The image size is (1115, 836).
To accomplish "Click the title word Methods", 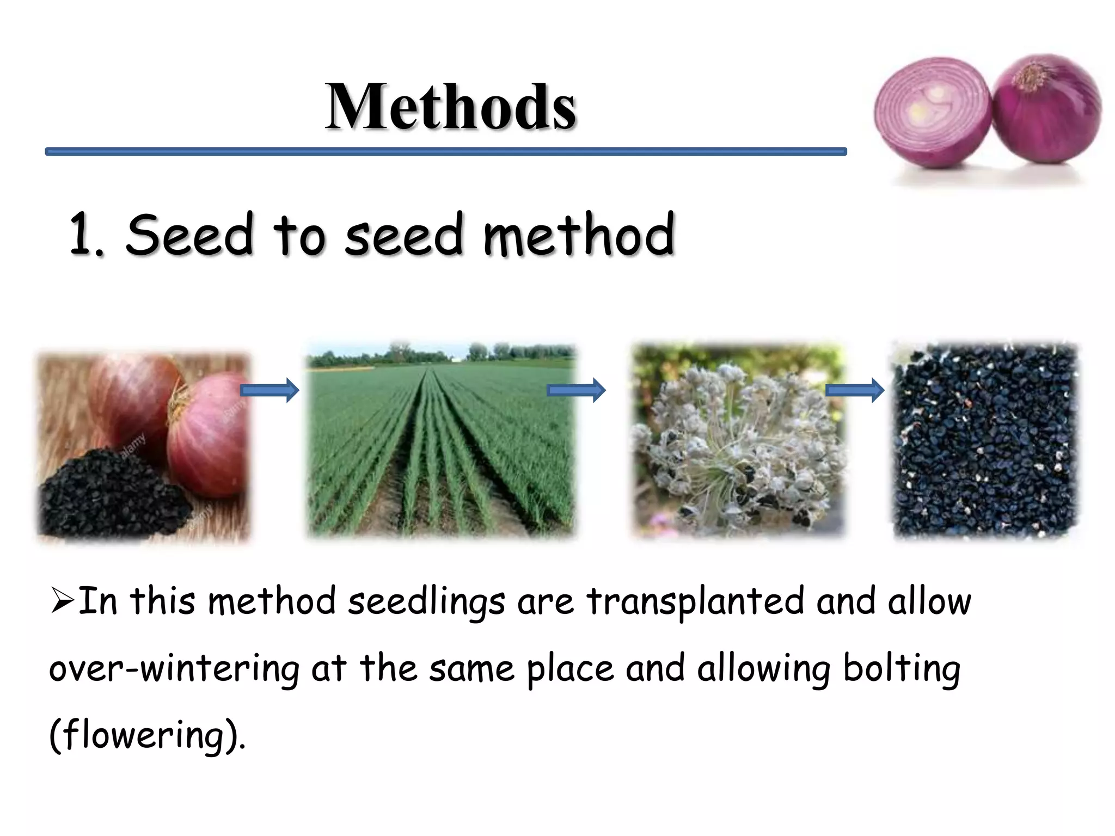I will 450,107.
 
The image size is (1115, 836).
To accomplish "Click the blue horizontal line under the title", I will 445,151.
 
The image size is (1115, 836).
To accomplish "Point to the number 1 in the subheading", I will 83,235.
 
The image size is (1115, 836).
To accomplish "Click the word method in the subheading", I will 579,235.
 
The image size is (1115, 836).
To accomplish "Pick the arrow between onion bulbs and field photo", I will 269,390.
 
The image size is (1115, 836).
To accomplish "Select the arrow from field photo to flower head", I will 576,390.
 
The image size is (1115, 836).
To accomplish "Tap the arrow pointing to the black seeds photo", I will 855,390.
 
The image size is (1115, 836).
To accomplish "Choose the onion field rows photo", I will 441,441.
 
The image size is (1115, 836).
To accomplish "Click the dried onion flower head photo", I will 738,441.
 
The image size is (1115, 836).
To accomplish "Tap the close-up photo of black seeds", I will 985,441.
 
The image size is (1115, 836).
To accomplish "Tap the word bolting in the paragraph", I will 902,669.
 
